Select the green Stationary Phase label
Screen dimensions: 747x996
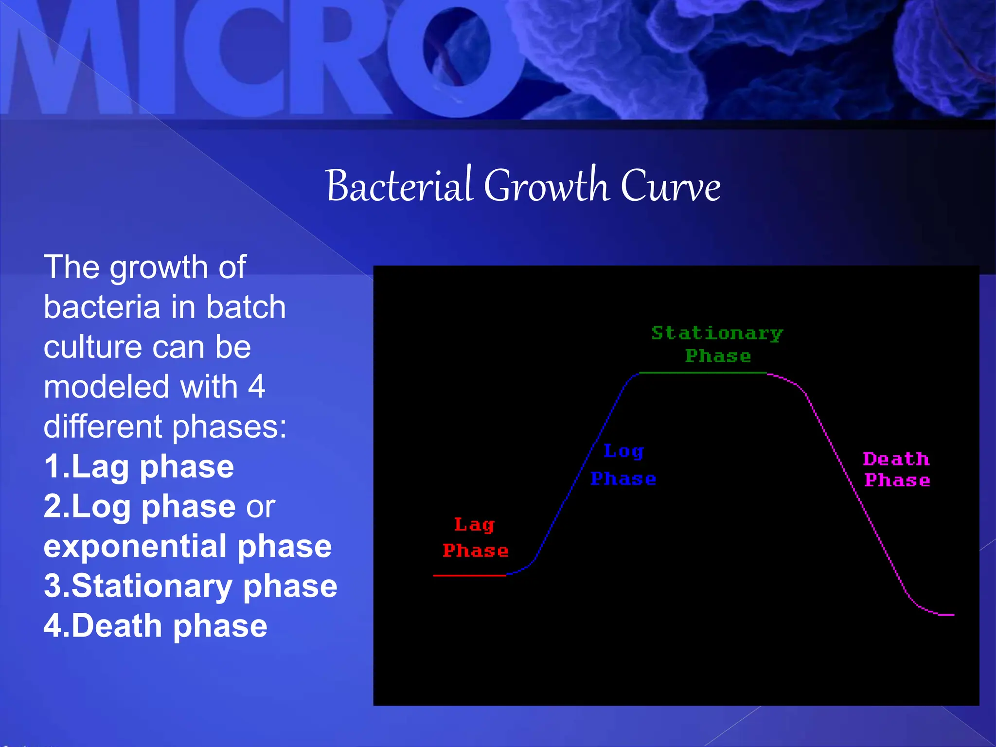click(x=717, y=344)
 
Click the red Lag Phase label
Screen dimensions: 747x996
click(x=475, y=538)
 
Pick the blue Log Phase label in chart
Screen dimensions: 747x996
click(x=623, y=465)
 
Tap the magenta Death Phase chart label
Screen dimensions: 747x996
click(x=897, y=470)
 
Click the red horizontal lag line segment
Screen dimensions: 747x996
click(x=469, y=575)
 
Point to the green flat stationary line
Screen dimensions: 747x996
click(x=703, y=373)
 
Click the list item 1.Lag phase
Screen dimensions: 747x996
click(x=139, y=467)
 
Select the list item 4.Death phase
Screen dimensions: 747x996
click(x=156, y=626)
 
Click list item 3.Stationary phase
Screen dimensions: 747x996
click(x=190, y=586)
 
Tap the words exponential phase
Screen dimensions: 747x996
click(x=187, y=546)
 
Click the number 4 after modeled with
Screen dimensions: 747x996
click(x=256, y=387)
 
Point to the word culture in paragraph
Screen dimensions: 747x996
click(x=92, y=347)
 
